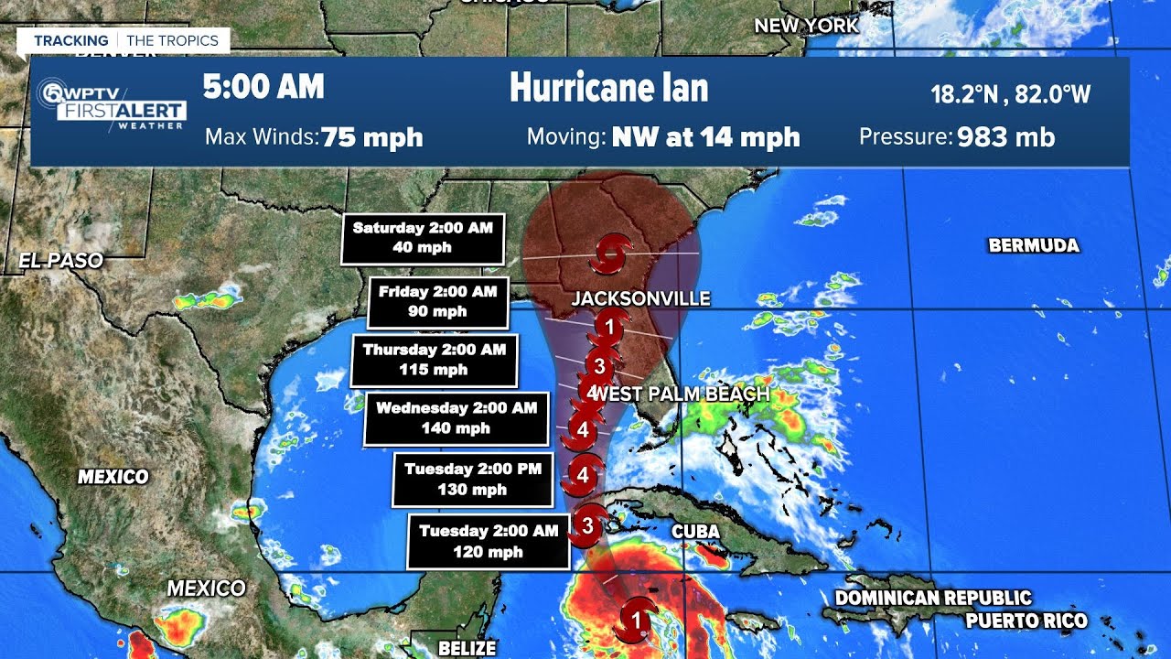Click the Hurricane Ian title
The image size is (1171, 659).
pos(608,88)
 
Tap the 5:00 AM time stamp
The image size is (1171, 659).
pos(263,87)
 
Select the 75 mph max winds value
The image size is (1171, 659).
pos(372,138)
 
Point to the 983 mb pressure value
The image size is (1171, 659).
pos(1005,138)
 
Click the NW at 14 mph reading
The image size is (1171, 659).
pos(705,138)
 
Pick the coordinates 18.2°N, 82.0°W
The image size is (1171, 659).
pos(1010,93)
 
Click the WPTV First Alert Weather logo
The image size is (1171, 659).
pos(112,105)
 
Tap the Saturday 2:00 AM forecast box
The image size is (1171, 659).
pos(423,238)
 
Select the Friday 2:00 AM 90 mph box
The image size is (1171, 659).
pos(437,302)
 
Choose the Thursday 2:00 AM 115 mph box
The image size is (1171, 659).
pos(434,360)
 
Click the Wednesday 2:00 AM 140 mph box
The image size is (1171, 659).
pos(456,418)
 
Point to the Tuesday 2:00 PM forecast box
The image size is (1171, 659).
pos(473,479)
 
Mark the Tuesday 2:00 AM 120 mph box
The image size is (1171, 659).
pos(489,541)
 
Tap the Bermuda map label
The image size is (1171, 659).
pos(1033,245)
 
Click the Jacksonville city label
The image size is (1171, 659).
pos(640,299)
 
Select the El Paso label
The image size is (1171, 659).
pos(60,261)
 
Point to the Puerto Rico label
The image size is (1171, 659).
pos(1026,621)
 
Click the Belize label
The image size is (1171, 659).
pos(467,649)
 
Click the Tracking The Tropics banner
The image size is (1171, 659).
pos(125,40)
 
